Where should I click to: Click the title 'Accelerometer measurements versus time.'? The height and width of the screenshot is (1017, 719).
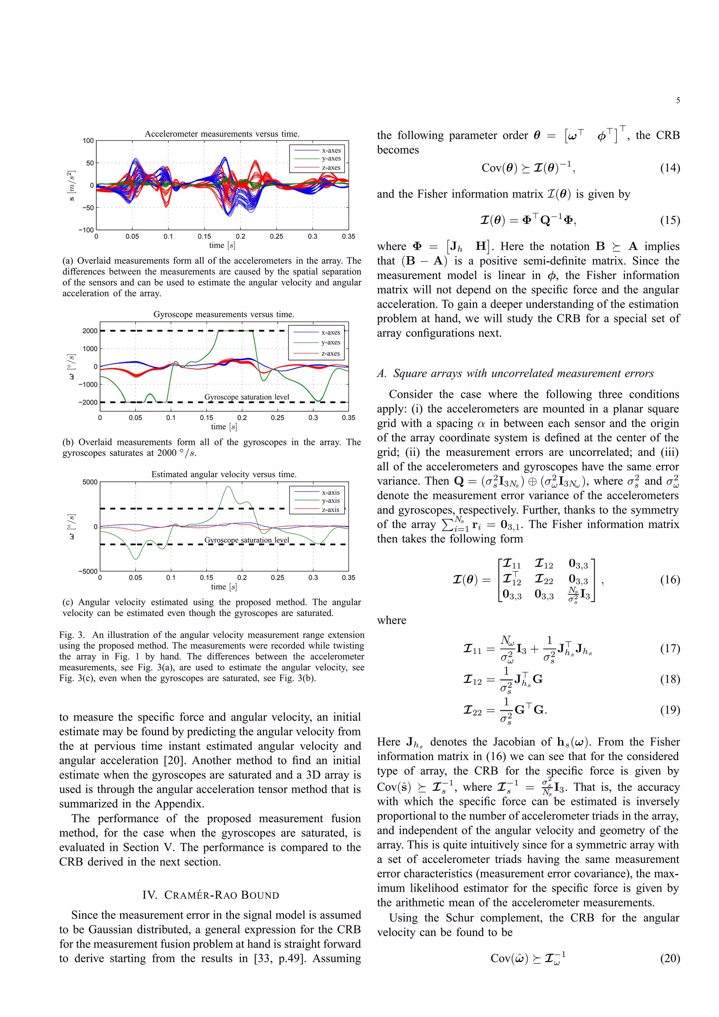tap(222, 134)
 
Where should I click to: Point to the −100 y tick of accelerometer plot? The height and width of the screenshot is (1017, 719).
tap(86, 230)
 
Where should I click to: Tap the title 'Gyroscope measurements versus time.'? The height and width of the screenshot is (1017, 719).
tap(224, 314)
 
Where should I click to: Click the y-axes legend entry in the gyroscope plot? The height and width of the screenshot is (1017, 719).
tap(330, 343)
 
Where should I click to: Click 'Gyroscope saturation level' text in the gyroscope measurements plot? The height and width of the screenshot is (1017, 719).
tap(246, 397)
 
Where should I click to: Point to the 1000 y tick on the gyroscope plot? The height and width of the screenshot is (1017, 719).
tap(90, 348)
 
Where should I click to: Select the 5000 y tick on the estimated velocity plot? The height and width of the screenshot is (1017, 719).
tap(90, 482)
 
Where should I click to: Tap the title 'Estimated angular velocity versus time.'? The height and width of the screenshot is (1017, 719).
tap(224, 474)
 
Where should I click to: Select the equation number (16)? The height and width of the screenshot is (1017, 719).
tap(669, 580)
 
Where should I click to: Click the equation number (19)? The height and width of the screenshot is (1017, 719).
tap(669, 710)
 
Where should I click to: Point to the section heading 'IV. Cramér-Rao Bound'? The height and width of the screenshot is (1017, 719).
tap(210, 895)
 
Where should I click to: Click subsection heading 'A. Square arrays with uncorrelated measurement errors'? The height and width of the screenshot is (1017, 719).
tap(515, 373)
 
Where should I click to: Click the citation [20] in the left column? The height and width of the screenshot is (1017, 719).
tap(174, 760)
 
